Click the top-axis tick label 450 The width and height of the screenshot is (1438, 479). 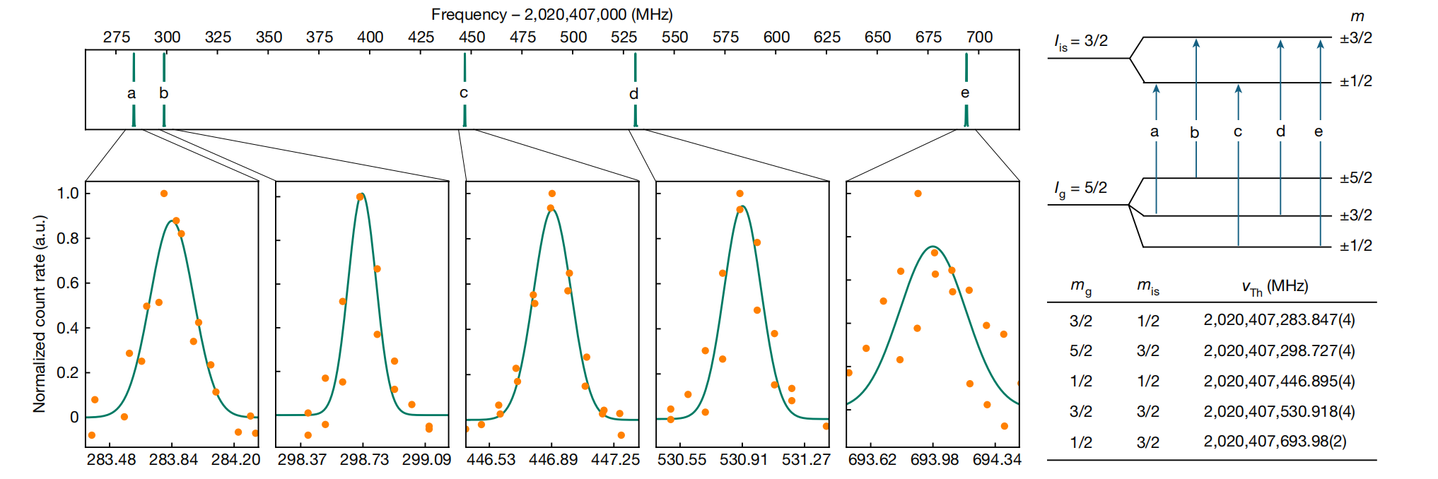pos(472,37)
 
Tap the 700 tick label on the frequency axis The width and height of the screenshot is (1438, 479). pos(979,37)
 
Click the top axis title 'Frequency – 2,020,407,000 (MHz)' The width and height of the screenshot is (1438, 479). pos(551,14)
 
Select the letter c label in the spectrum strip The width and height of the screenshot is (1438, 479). pos(464,93)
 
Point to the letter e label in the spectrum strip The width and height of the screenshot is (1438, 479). pos(965,93)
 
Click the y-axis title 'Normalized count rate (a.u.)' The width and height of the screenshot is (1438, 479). pos(40,313)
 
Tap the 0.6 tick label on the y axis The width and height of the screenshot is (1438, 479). pos(68,283)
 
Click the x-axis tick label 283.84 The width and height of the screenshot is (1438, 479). pos(173,460)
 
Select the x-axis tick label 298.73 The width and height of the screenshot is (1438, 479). pos(364,460)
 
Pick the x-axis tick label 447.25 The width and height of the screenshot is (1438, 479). pos(615,460)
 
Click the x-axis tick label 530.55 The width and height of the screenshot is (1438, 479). pos(682,460)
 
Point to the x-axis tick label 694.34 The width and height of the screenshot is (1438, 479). pos(997,460)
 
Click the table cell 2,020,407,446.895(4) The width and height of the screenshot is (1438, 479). pos(1279,382)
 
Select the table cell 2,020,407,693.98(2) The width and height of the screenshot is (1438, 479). pos(1275,442)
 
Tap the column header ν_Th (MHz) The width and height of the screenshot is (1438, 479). pos(1275,287)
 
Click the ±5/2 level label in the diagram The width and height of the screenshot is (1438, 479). pos(1355,178)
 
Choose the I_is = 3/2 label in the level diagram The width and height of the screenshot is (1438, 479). pos(1081,42)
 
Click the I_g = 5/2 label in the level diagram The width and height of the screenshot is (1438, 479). pos(1080,189)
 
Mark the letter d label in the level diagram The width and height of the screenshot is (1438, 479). pos(1280,131)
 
